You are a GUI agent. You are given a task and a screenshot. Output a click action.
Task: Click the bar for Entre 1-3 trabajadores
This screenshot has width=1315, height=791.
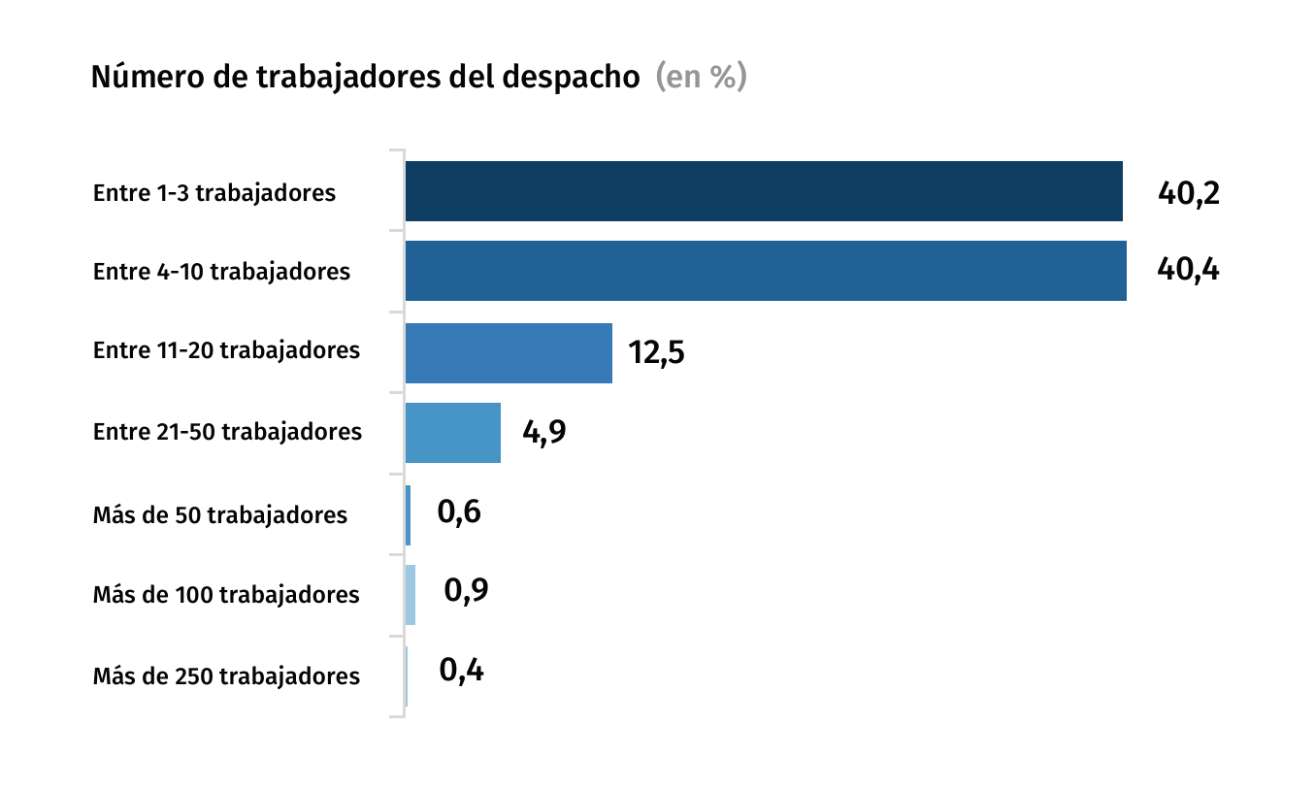click(763, 191)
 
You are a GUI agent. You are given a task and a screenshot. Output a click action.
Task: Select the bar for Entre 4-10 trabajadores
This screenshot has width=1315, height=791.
click(765, 271)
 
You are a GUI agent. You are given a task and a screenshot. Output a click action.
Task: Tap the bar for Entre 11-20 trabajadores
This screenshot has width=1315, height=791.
click(509, 352)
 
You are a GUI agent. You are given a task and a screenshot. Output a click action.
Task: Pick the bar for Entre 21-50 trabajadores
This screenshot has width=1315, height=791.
click(452, 433)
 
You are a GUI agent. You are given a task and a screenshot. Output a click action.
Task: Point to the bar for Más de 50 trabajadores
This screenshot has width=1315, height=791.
click(408, 514)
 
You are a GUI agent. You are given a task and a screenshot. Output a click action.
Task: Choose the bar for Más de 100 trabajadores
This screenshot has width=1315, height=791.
click(411, 595)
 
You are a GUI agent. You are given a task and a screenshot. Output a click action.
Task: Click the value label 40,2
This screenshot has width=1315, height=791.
click(1188, 193)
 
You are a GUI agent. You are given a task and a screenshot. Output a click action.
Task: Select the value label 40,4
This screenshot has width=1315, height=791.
click(1188, 270)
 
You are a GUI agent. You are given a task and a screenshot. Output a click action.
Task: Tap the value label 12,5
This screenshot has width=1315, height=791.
click(656, 352)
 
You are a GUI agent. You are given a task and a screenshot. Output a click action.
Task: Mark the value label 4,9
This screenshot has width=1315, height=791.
click(543, 432)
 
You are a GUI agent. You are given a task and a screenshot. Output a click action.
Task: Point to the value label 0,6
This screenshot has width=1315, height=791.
click(459, 512)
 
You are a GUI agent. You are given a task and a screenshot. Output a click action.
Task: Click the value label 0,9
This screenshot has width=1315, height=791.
click(466, 590)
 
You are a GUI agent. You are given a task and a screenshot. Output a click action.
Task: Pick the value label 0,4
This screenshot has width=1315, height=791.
click(461, 671)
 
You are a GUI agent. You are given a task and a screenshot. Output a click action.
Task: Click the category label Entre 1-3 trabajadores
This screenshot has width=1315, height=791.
click(214, 193)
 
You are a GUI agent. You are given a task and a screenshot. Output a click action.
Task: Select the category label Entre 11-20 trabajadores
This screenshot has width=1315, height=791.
click(226, 350)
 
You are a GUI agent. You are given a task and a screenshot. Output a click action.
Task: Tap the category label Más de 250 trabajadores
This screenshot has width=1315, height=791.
click(226, 676)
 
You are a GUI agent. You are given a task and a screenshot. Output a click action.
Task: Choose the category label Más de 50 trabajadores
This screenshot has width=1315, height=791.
click(220, 514)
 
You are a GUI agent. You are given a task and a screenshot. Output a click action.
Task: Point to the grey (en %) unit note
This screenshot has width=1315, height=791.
click(701, 78)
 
